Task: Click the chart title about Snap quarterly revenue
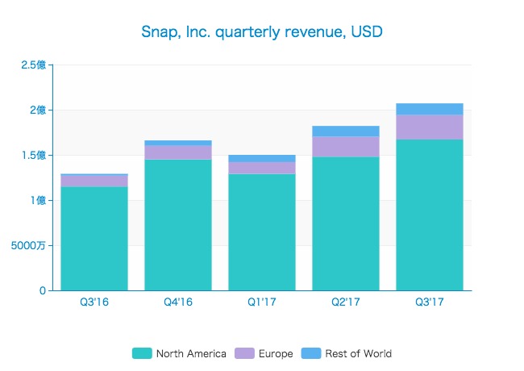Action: click(x=262, y=32)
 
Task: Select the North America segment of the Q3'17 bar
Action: click(x=430, y=215)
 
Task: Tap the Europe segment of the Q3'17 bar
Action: click(x=430, y=127)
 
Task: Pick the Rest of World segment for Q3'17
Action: click(x=430, y=109)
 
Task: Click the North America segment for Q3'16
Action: click(x=94, y=238)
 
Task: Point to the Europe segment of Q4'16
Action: click(x=178, y=152)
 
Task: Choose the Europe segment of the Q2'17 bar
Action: click(x=346, y=147)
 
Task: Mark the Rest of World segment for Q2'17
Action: click(x=346, y=131)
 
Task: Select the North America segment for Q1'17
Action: click(x=262, y=231)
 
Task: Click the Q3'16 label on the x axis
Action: click(x=94, y=302)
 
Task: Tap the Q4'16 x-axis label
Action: click(x=178, y=302)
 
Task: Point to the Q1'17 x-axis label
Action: click(x=262, y=302)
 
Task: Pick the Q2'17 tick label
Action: click(x=346, y=302)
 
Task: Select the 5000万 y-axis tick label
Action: click(x=29, y=245)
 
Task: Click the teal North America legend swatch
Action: click(x=142, y=353)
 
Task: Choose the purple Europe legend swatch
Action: click(x=244, y=353)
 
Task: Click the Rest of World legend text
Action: click(x=359, y=353)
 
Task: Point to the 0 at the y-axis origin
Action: click(x=42, y=290)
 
